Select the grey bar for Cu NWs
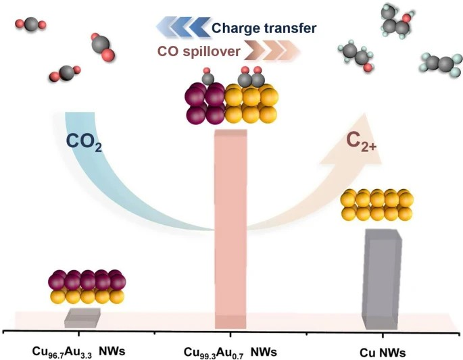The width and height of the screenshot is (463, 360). (383, 277)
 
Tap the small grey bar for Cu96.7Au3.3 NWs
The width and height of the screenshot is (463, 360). (82, 317)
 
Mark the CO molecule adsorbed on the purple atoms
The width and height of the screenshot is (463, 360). (208, 78)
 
